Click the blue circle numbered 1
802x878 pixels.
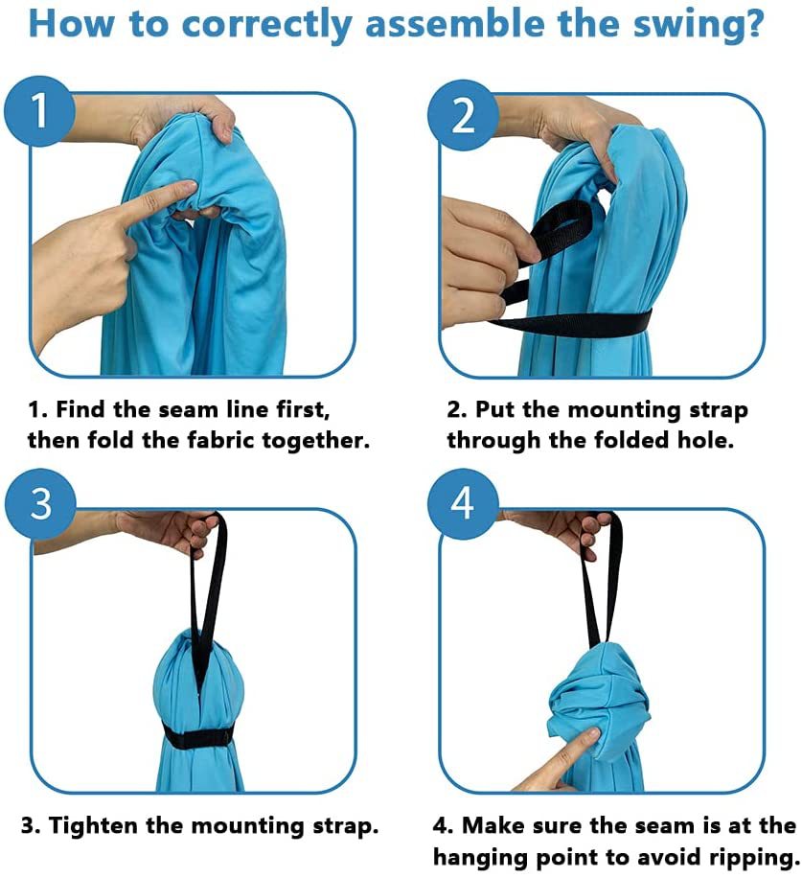[39, 111]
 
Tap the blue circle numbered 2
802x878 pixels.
[463, 115]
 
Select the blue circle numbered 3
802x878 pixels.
[40, 503]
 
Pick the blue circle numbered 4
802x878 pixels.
[463, 503]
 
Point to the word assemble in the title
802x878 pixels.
[453, 24]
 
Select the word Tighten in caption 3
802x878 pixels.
[93, 826]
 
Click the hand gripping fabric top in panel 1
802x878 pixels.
[185, 119]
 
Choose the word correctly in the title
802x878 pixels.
[266, 26]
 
